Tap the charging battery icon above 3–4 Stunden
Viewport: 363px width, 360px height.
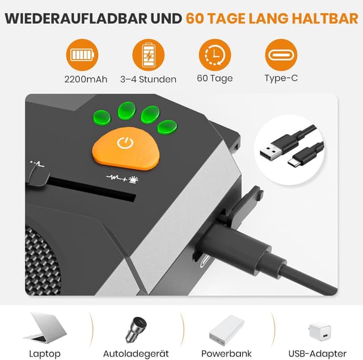click(x=149, y=55)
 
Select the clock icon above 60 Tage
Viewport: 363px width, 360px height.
click(x=215, y=55)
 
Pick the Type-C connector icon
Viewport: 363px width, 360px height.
click(x=281, y=55)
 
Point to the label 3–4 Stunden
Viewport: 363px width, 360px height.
click(x=149, y=79)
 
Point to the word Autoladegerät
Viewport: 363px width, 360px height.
click(x=136, y=353)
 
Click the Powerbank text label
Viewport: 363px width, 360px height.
click(x=226, y=353)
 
